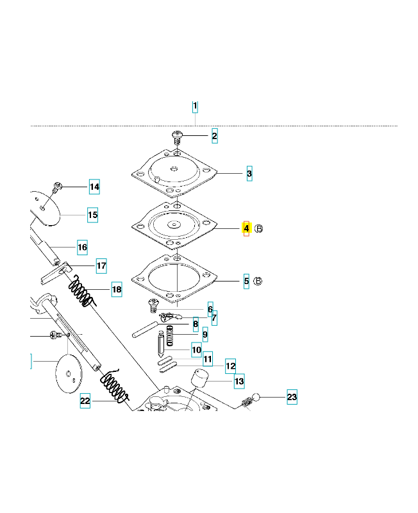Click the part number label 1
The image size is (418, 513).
pyautogui.click(x=196, y=106)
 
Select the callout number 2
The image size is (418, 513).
pyautogui.click(x=214, y=136)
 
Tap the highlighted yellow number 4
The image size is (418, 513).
pyautogui.click(x=246, y=228)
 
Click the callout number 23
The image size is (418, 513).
pyautogui.click(x=292, y=398)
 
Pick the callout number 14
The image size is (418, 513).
pyautogui.click(x=94, y=187)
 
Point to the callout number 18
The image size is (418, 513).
pyautogui.click(x=116, y=290)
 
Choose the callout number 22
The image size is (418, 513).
pyautogui.click(x=85, y=402)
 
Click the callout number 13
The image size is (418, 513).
pyautogui.click(x=238, y=382)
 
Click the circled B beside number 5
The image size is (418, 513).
pyautogui.click(x=259, y=281)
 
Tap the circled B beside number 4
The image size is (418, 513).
pyautogui.click(x=259, y=228)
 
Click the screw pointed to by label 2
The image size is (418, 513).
pyautogui.click(x=176, y=137)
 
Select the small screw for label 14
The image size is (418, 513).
pyautogui.click(x=57, y=188)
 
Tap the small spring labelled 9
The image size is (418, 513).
pyautogui.click(x=171, y=334)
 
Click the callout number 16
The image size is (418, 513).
pyautogui.click(x=82, y=247)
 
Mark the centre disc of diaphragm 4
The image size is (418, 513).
pyautogui.click(x=174, y=224)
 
